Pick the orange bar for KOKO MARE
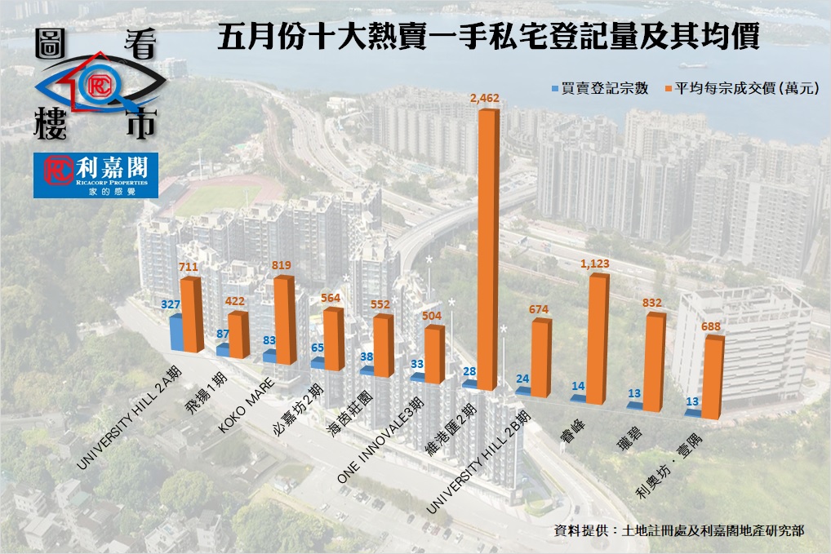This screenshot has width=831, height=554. coord(284,321)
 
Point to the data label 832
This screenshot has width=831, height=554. coord(653,303)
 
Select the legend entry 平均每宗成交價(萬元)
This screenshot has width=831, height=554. coord(748,87)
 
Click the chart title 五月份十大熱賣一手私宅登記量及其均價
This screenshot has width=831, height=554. coord(489,38)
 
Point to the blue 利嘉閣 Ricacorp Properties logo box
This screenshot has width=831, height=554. coord(96,175)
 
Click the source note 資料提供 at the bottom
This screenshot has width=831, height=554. coord(678,530)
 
